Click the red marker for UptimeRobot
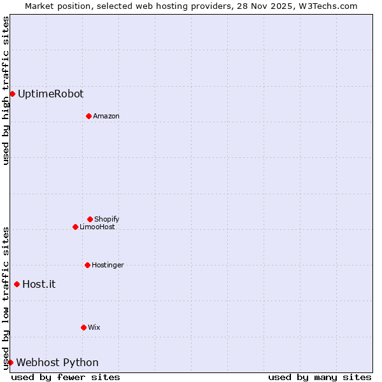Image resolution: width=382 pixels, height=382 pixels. (12, 94)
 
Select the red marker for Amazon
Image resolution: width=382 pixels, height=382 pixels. (88, 116)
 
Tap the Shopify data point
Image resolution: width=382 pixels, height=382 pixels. (90, 219)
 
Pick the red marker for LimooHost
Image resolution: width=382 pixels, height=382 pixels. (75, 227)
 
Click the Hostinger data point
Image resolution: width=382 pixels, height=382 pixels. (87, 265)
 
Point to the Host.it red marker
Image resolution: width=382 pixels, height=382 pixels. (17, 284)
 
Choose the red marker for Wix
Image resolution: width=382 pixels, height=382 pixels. (83, 327)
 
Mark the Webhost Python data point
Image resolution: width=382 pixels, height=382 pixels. (10, 362)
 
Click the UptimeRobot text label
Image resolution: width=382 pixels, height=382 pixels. (50, 94)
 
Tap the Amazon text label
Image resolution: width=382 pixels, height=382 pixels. (106, 116)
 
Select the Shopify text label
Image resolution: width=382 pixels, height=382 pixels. (106, 219)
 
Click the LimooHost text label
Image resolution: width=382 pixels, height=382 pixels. (97, 227)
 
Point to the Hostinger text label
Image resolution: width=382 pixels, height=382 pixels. (108, 265)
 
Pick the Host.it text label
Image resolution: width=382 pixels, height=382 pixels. (39, 284)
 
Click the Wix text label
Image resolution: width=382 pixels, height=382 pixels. (94, 327)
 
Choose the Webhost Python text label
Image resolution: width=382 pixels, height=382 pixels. (57, 362)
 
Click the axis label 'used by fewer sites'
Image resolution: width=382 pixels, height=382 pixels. (66, 377)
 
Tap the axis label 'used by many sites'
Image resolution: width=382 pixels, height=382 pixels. (320, 377)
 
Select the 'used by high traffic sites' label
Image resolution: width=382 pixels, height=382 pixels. (6, 90)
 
